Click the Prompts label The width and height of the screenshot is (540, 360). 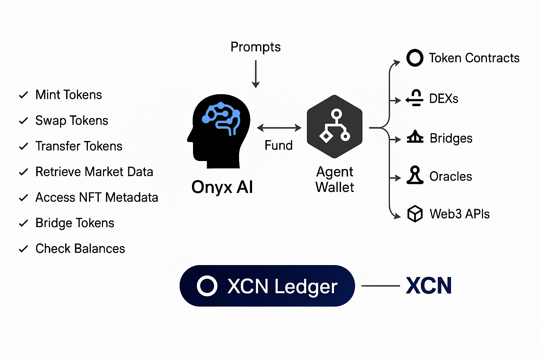pos(256,47)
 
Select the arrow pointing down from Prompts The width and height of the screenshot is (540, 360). pos(256,74)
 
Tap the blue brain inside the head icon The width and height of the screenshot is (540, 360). pos(221,118)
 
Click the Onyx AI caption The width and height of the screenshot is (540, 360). pos(222,187)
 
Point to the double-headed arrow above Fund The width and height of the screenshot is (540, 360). pos(279,128)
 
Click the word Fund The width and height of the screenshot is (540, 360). pos(278,145)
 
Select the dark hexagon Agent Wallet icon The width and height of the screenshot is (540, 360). pos(334,127)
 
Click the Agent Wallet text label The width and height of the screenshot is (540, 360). pos(335,180)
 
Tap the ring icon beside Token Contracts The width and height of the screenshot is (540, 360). pos(415,58)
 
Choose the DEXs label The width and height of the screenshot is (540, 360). pos(444,99)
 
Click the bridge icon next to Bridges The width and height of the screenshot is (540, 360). pos(415,137)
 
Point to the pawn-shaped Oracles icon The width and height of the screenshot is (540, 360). pos(415,175)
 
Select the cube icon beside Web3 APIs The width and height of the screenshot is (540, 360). pos(415,214)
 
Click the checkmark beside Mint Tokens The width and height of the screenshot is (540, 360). pos(24,95)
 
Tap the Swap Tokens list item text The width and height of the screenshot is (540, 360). pos(72,121)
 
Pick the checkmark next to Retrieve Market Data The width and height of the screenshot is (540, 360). pos(24,172)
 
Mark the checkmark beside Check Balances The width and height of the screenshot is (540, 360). pos(24,249)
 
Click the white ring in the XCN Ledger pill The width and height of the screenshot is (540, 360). pos(207,286)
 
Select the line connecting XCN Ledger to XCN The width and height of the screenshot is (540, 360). pos(380,286)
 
